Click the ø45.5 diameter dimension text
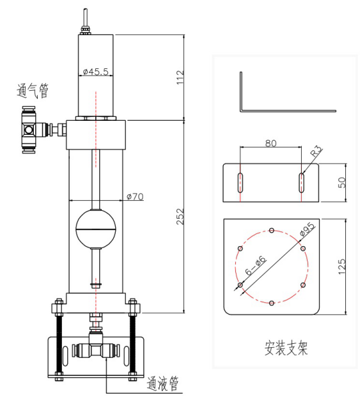pos(96,72)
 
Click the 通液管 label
pos(162,384)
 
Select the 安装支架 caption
pos(286,348)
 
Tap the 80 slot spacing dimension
pos(270,143)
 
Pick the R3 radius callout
pos(315,152)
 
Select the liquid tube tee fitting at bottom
pos(93,350)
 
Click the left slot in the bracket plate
pos(241,182)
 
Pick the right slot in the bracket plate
pos(301,182)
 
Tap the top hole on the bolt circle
pos(272,230)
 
